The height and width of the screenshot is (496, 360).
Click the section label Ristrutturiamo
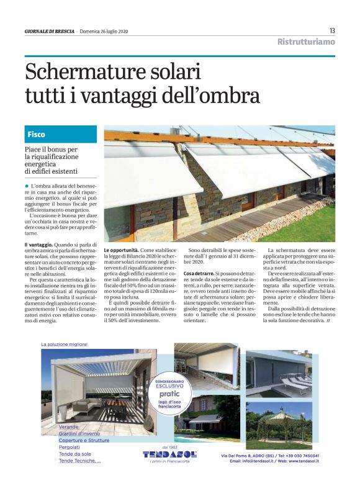(x=306, y=42)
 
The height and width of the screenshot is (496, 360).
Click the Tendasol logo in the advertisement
(x=169, y=454)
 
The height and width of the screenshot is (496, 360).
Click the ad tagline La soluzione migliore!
(x=65, y=344)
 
